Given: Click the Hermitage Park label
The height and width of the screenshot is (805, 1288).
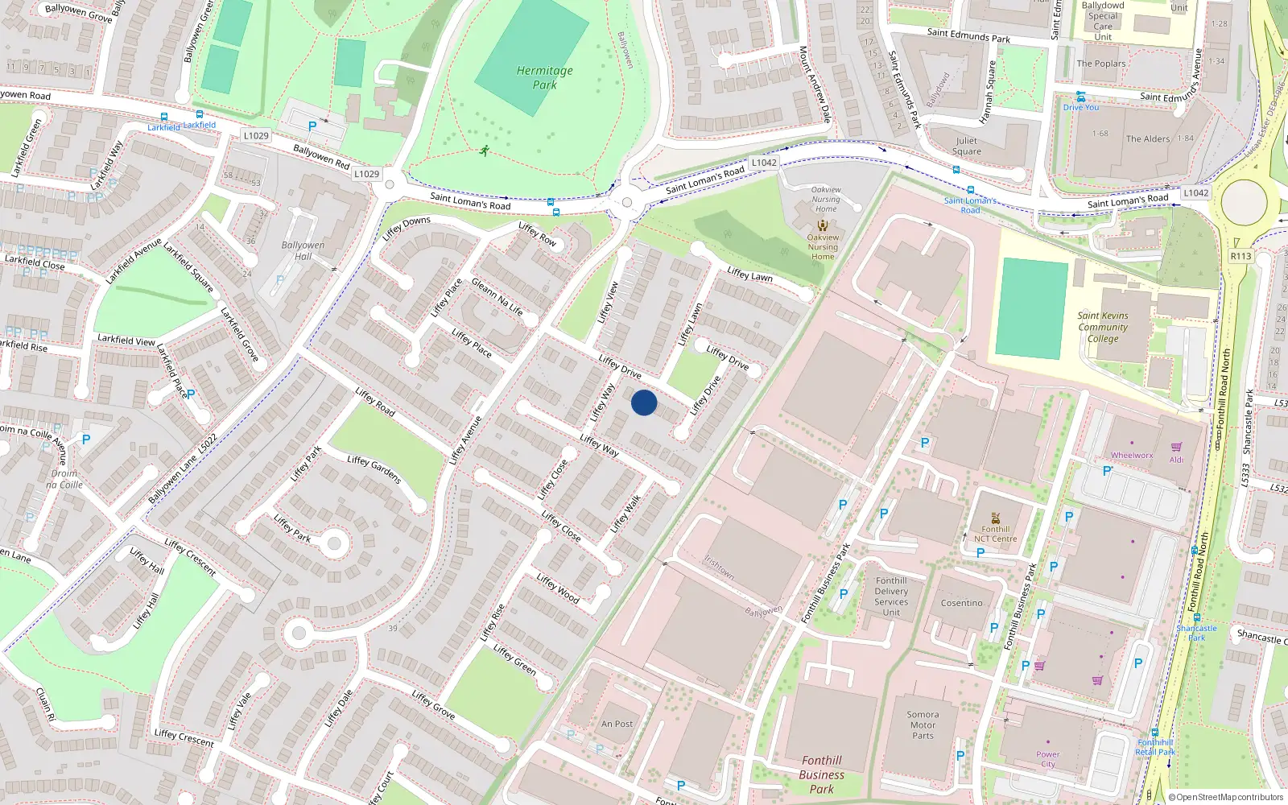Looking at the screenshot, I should click(544, 77).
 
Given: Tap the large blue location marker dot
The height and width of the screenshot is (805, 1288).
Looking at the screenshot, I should click(644, 402).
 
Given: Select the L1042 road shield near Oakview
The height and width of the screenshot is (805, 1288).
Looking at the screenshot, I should click(763, 163).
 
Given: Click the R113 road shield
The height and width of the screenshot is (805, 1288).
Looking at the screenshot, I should click(1241, 256).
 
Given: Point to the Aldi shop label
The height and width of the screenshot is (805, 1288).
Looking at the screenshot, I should click(1176, 460).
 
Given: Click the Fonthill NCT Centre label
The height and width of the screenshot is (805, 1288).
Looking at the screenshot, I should click(995, 534).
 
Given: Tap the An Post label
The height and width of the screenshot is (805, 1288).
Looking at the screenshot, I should click(617, 724).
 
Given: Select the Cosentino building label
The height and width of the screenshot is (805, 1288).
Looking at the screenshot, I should click(961, 603).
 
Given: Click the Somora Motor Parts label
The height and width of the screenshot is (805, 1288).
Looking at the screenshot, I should click(923, 724).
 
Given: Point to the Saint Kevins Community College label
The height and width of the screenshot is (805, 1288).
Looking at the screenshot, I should click(1103, 327).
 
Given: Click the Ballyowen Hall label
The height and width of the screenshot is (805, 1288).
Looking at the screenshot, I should click(303, 250).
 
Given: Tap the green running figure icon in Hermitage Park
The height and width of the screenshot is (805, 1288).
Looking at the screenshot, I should click(484, 151).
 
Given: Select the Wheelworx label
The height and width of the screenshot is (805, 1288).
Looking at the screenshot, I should click(1132, 456).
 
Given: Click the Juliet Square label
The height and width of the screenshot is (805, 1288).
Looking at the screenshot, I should click(966, 146).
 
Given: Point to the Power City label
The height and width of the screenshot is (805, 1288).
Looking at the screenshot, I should click(1047, 759).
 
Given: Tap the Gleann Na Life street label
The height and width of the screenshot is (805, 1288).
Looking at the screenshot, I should click(497, 296).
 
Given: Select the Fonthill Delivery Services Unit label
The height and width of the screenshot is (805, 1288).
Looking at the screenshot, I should click(891, 597).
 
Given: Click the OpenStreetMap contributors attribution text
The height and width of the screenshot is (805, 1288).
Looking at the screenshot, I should click(1225, 797).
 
